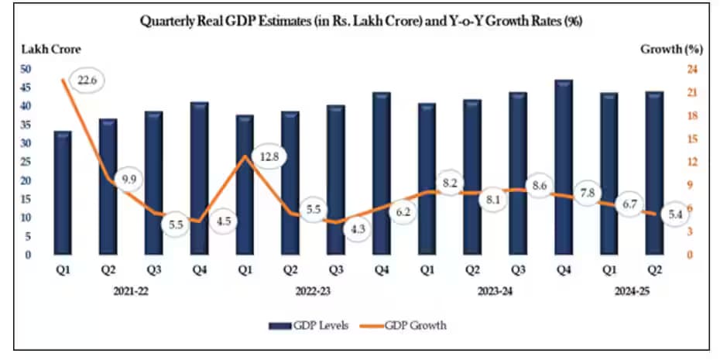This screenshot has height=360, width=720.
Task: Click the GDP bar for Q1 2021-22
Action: (63, 194)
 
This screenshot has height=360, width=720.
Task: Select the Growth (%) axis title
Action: (670, 50)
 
